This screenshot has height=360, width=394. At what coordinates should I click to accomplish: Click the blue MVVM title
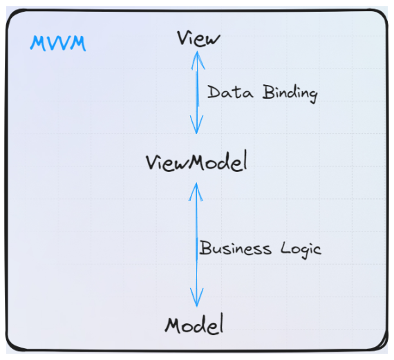(58, 44)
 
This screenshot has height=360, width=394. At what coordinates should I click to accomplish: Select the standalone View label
(198, 38)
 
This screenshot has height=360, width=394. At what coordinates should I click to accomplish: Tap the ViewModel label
(196, 161)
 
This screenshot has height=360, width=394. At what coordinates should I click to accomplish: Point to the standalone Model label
(194, 325)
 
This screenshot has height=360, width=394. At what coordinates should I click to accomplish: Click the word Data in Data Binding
(230, 92)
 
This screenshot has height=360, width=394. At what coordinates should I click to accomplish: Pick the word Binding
(290, 93)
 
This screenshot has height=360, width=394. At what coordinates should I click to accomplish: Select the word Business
(236, 248)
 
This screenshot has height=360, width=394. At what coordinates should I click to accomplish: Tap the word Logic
(301, 249)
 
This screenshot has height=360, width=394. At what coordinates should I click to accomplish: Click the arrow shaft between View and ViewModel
(197, 93)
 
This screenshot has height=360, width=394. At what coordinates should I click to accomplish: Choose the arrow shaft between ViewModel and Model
(196, 245)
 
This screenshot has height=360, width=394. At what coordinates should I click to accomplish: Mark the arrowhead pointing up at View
(198, 60)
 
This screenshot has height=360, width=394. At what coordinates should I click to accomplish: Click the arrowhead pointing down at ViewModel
(196, 124)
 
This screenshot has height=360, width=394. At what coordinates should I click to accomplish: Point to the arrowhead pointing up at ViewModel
(196, 192)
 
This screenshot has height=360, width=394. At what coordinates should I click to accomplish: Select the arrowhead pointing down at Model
(197, 297)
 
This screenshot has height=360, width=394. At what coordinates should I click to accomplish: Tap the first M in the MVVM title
(38, 44)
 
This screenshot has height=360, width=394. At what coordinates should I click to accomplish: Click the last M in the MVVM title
(78, 44)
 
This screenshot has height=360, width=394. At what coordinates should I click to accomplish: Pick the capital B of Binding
(268, 92)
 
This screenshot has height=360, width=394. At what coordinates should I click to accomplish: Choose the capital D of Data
(214, 92)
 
